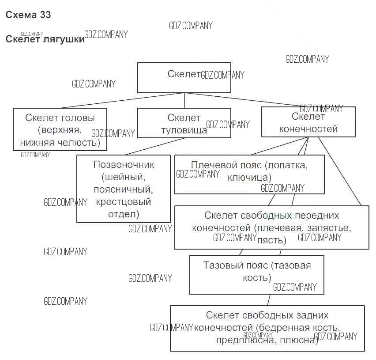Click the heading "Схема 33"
click(x=28, y=15)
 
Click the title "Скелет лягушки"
click(x=45, y=39)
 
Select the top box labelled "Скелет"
click(x=184, y=78)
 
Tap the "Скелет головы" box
click(x=60, y=129)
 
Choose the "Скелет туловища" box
click(x=184, y=123)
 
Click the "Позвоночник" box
click(x=124, y=189)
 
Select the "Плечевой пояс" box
click(x=249, y=174)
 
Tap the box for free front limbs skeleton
click(x=271, y=227)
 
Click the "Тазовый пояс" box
click(x=257, y=274)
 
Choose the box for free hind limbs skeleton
click(x=267, y=328)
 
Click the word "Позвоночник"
click(x=124, y=165)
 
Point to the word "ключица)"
click(x=249, y=178)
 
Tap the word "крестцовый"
click(x=124, y=202)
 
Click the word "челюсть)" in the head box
click(x=82, y=143)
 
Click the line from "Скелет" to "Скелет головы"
click(x=124, y=100)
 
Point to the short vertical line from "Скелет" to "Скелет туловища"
click(x=184, y=100)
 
